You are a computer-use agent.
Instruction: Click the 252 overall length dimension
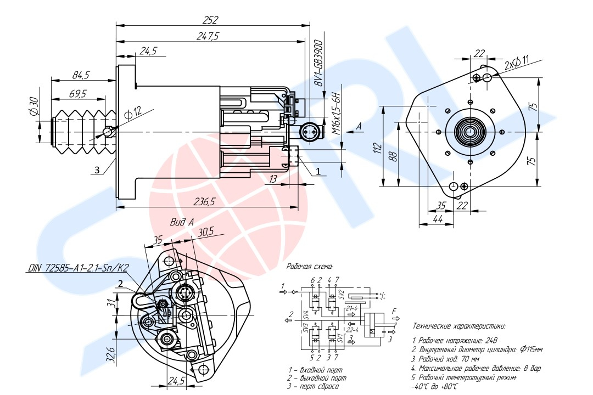[210, 20]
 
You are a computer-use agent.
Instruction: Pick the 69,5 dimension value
[77, 94]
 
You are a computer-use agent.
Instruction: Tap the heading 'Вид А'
[182, 222]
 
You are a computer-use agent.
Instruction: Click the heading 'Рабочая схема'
[310, 266]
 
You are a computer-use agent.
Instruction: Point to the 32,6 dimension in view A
[110, 355]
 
